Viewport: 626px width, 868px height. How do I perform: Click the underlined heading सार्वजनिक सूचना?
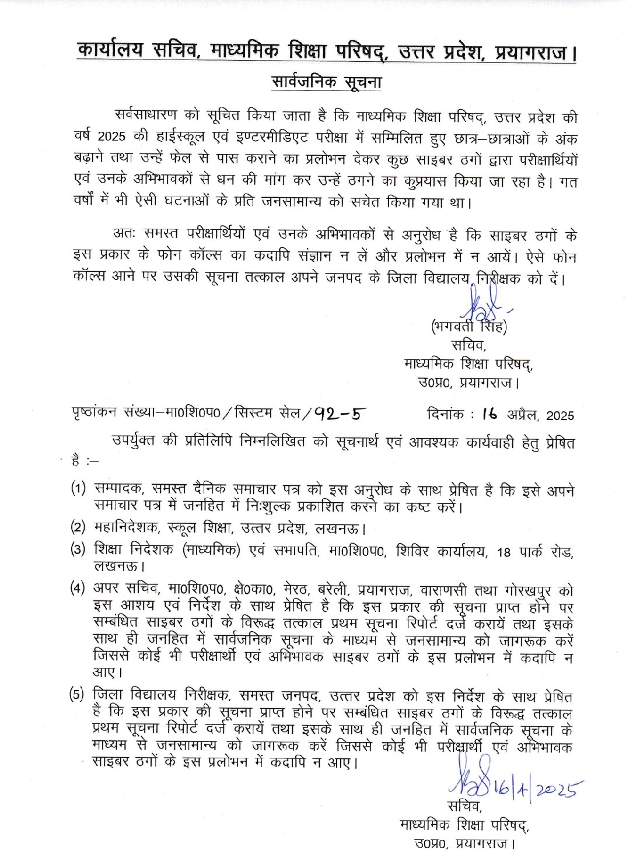(x=326, y=82)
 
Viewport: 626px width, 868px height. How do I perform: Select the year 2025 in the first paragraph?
(x=111, y=137)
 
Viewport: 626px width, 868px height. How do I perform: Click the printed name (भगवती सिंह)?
(x=468, y=327)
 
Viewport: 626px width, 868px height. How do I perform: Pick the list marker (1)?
(x=78, y=488)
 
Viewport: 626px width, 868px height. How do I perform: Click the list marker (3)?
(x=78, y=549)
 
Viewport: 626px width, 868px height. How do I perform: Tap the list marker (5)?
(x=77, y=695)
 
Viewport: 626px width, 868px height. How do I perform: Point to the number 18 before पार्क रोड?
(x=503, y=552)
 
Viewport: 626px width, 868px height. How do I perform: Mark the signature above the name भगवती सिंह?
(x=480, y=303)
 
